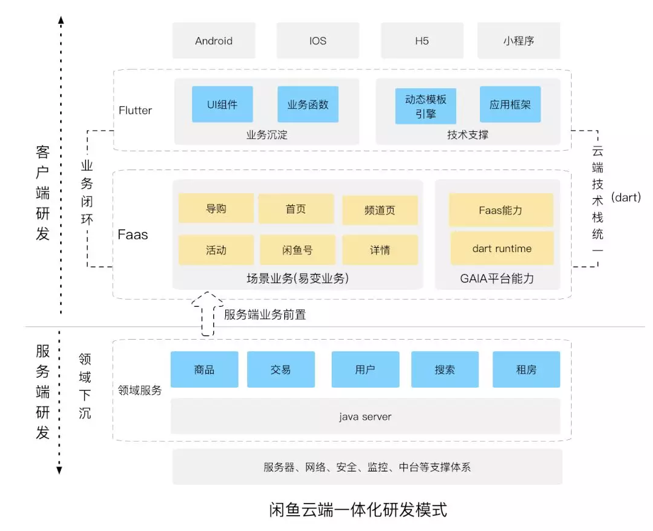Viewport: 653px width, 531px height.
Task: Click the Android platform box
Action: click(213, 41)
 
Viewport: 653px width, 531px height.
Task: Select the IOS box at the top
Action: click(317, 41)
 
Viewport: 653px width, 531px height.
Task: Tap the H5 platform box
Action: click(422, 41)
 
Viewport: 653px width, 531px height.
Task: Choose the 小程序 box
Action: click(518, 41)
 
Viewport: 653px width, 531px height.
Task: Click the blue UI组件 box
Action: click(222, 104)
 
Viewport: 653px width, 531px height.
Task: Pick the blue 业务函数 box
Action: click(307, 104)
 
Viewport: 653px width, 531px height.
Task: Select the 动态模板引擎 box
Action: click(425, 106)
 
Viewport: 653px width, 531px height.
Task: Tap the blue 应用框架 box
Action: click(510, 104)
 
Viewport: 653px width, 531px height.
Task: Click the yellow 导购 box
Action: click(216, 208)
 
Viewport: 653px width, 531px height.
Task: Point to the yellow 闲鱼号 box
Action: click(298, 250)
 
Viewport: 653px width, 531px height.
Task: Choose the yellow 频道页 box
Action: click(380, 210)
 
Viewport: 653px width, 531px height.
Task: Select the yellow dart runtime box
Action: click(501, 248)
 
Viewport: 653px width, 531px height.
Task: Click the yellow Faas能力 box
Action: click(501, 210)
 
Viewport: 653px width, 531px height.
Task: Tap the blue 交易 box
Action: click(281, 369)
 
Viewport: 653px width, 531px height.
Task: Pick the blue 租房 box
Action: click(526, 369)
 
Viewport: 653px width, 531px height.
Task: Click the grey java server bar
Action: click(365, 416)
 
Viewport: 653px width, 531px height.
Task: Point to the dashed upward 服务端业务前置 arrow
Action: click(208, 313)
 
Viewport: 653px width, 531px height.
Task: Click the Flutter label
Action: click(135, 111)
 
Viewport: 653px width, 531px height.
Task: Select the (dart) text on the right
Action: click(626, 197)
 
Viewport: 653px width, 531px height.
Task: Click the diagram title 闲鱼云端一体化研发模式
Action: click(358, 509)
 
